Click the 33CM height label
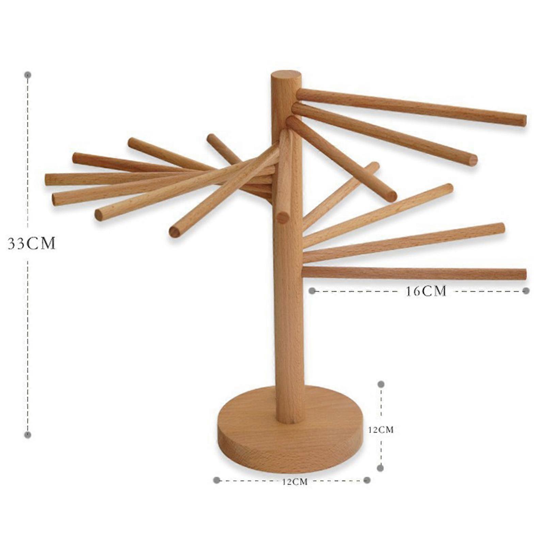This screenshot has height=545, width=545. (31, 244)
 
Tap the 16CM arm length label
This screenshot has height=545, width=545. (426, 291)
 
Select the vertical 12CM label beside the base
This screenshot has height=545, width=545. (381, 430)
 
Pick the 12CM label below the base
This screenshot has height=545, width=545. (295, 482)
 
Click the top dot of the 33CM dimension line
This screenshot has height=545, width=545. (28, 75)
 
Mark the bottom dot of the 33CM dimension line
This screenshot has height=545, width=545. (28, 435)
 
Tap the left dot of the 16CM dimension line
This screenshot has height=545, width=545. (312, 291)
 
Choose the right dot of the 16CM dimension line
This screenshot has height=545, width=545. (526, 291)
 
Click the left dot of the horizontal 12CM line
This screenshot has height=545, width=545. (216, 480)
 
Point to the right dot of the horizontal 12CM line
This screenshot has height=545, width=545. (367, 480)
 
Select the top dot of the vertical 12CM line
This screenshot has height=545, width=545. (381, 384)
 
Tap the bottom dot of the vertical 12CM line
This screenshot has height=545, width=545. (381, 468)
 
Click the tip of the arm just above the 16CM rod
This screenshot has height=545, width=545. (501, 228)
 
